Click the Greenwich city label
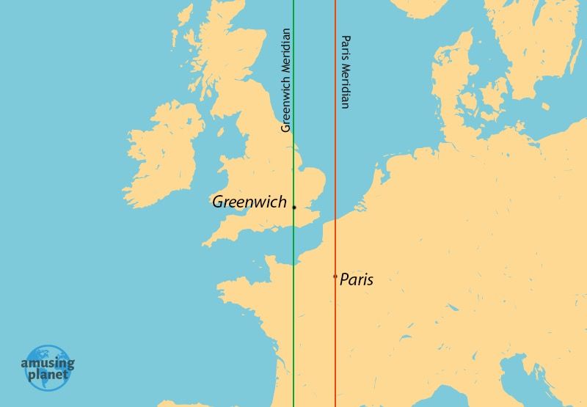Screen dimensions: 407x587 pos(249,202)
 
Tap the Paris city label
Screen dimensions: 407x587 pos(357,279)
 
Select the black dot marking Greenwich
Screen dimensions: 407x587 pos(293,208)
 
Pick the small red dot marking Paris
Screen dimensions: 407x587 pos(335,276)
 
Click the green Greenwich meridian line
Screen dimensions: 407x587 pos(293,330)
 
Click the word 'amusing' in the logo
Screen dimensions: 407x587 pos(48,362)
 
